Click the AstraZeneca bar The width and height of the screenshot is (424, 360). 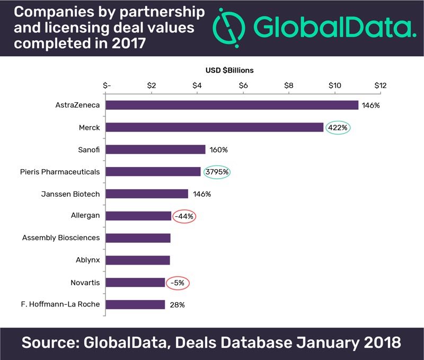[x=232, y=105]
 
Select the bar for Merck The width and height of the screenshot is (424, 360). [x=215, y=127]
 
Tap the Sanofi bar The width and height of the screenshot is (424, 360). [x=155, y=150]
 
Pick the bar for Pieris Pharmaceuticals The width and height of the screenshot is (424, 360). [x=153, y=172]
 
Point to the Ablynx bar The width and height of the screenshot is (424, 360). [x=138, y=260]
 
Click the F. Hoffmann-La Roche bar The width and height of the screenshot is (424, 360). [x=135, y=304]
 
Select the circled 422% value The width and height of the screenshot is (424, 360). [x=338, y=128]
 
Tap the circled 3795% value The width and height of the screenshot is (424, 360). [x=217, y=172]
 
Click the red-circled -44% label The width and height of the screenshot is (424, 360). [x=183, y=216]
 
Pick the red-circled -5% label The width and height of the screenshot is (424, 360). [x=177, y=283]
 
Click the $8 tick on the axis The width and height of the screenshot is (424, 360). [x=289, y=85]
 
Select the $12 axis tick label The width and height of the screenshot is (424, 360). [x=381, y=85]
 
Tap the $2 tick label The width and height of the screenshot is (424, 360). [x=152, y=85]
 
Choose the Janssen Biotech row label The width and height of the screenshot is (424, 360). [x=71, y=194]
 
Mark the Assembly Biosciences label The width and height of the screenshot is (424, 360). [x=61, y=238]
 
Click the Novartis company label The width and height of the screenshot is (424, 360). [x=85, y=282]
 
